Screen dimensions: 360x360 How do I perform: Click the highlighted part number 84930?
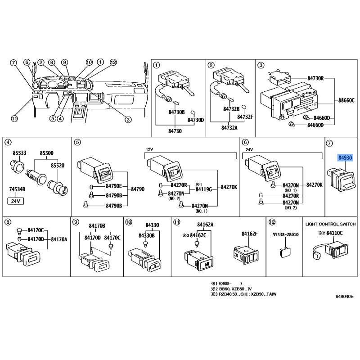345,158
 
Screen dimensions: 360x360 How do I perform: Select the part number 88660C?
346,100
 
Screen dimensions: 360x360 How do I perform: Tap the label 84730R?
316,78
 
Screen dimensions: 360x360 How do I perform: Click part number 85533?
19,153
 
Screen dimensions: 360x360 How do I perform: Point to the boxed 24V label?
16,201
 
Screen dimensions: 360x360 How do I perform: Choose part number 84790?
138,189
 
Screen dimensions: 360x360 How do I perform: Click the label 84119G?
204,189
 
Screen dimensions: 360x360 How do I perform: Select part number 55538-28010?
286,234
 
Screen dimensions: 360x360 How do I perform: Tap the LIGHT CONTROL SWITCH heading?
330,224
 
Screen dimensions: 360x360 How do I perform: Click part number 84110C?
334,233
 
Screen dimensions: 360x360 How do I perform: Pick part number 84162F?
250,234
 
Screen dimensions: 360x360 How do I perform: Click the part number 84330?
152,225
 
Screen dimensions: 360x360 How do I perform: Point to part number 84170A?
59,239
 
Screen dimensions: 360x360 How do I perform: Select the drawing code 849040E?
345,297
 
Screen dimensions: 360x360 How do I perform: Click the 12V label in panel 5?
149,149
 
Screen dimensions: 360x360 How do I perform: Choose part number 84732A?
229,128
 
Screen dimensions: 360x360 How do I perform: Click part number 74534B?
17,189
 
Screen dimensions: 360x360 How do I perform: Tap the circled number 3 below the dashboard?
128,120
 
